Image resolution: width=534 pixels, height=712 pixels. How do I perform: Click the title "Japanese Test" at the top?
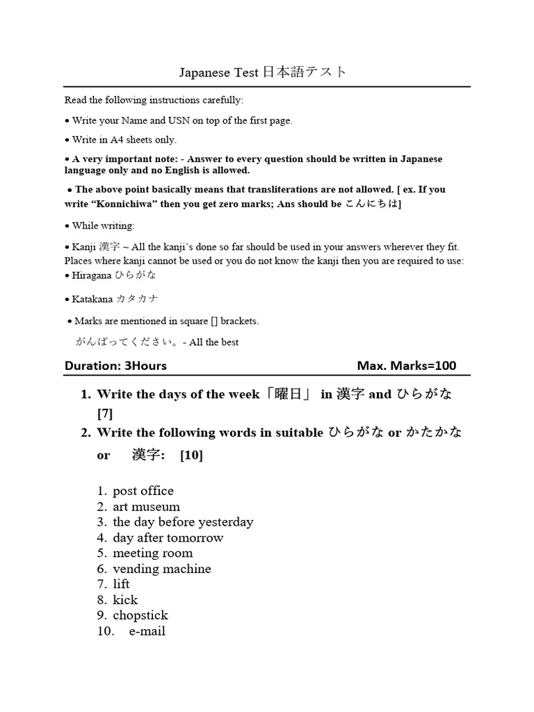pyautogui.click(x=218, y=72)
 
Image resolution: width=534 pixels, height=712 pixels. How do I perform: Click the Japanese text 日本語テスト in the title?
pyautogui.click(x=303, y=72)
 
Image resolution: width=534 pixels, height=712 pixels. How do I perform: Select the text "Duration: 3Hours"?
pyautogui.click(x=115, y=366)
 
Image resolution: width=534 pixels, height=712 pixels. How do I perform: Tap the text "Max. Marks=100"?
pyautogui.click(x=407, y=366)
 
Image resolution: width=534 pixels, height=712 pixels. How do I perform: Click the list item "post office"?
pyautogui.click(x=143, y=491)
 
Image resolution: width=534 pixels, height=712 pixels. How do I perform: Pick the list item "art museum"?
pyautogui.click(x=146, y=507)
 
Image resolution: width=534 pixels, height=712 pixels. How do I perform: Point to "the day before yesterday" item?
pyautogui.click(x=183, y=522)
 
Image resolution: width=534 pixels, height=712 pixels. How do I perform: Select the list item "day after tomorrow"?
pyautogui.click(x=168, y=537)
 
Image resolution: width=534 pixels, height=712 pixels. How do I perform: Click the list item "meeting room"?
pyautogui.click(x=152, y=553)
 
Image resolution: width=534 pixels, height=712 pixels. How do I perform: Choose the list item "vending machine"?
pyautogui.click(x=161, y=569)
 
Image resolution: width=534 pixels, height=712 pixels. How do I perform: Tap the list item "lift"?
pyautogui.click(x=121, y=584)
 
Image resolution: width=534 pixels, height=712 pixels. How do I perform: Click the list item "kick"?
pyautogui.click(x=125, y=600)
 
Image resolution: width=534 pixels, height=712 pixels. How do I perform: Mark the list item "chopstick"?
pyautogui.click(x=140, y=615)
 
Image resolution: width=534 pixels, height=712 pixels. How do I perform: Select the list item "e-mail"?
pyautogui.click(x=147, y=631)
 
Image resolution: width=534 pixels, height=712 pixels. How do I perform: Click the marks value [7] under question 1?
pyautogui.click(x=105, y=414)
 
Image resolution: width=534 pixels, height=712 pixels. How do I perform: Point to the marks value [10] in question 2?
pyautogui.click(x=191, y=455)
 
